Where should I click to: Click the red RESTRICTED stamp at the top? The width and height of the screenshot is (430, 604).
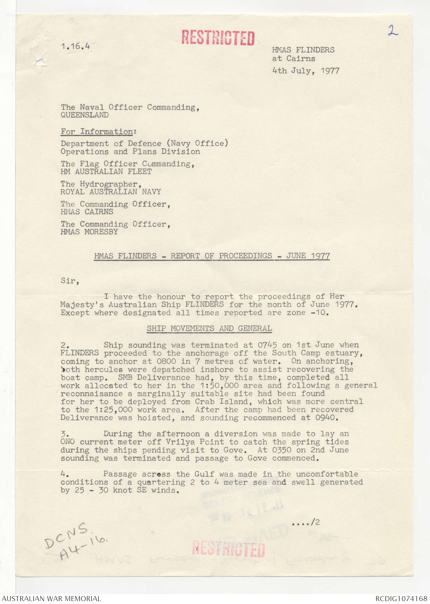pos(218,38)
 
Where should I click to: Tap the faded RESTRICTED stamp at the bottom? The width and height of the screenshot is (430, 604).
pos(228,549)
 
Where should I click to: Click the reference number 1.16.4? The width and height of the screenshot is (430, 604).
pos(75,46)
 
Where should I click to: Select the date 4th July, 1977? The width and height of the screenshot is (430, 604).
pos(306,71)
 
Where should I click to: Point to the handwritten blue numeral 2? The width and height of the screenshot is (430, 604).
pos(393,30)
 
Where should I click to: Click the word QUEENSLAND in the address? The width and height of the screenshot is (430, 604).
pos(85,115)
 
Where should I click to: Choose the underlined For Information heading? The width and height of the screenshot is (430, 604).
pos(97,132)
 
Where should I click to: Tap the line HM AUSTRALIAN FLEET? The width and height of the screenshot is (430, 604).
pos(106,172)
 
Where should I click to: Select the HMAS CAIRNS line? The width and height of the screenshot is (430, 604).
pos(87,212)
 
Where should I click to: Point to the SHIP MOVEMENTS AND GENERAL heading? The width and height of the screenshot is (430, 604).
pos(209,328)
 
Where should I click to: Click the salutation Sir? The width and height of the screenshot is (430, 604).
pos(70,281)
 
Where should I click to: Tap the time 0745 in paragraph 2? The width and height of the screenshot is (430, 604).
pos(267,345)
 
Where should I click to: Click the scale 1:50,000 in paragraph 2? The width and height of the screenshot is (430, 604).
pos(219,386)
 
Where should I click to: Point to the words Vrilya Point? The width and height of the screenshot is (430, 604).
pos(195,442)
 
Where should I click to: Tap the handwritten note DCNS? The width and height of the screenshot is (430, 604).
pos(66,534)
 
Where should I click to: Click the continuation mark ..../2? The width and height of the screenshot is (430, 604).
pos(306,522)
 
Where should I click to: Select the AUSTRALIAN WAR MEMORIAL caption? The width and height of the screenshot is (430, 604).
pos(51,598)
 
